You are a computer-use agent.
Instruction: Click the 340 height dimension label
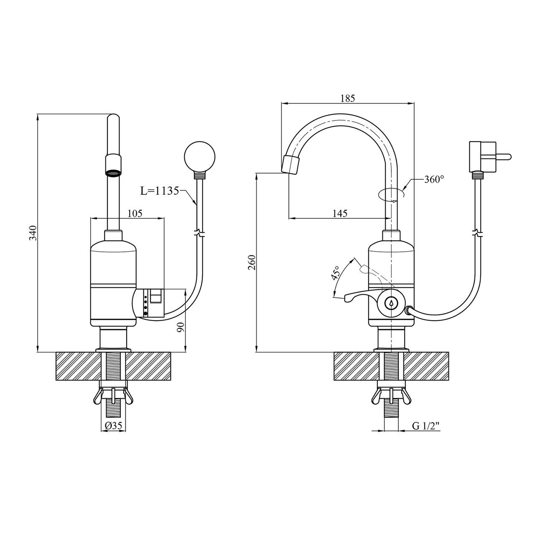(x=33, y=233)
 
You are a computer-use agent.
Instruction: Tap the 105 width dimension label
(x=135, y=213)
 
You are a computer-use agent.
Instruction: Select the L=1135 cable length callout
(x=159, y=191)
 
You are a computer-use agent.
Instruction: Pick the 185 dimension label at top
(x=348, y=98)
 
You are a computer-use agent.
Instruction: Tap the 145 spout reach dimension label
(x=340, y=213)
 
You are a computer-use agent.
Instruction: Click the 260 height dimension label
(x=252, y=262)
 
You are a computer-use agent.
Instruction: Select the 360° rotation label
(x=434, y=179)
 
